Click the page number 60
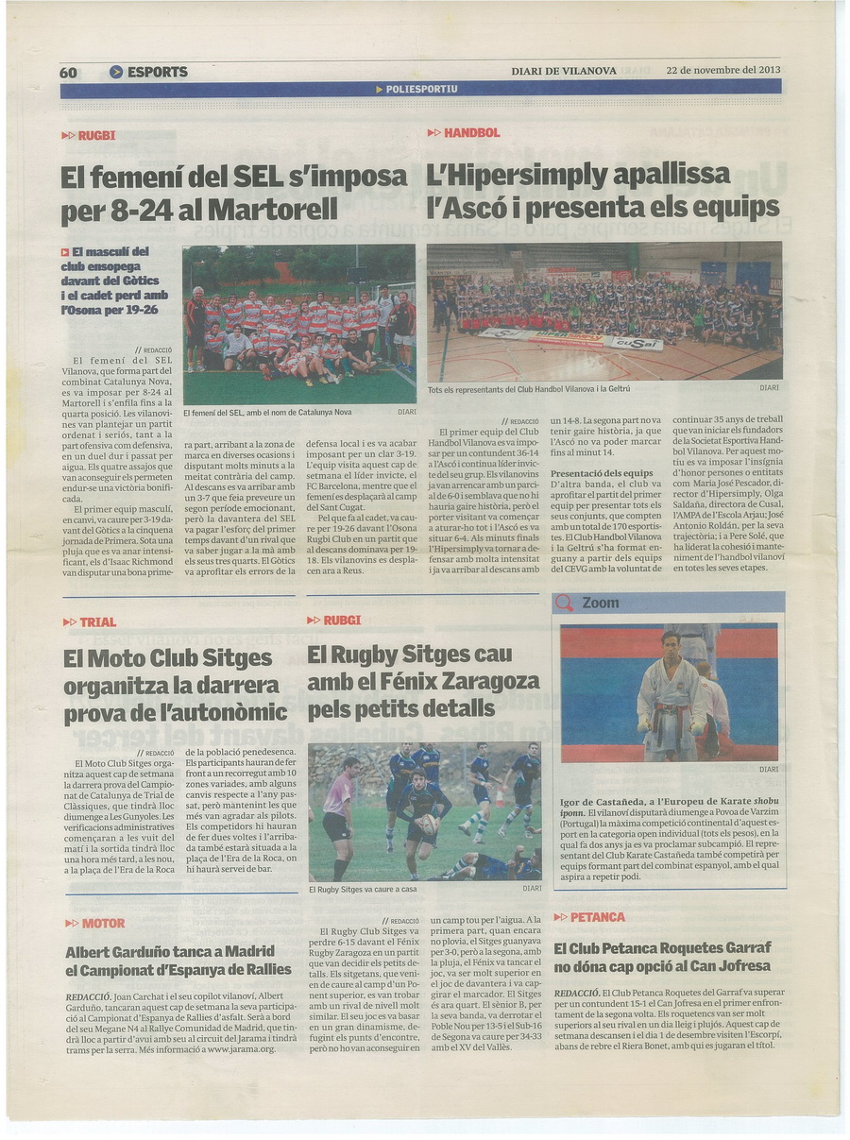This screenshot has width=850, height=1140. [x=68, y=72]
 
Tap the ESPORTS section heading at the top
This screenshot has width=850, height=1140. [x=157, y=72]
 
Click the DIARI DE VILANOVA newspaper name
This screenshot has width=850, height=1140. [x=564, y=71]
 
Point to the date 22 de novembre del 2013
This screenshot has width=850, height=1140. [x=723, y=70]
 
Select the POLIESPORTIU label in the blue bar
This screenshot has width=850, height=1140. [x=421, y=89]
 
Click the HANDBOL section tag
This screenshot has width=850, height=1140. [x=471, y=133]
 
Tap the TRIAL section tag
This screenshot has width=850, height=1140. [x=98, y=621]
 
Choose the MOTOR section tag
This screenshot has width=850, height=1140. [x=103, y=923]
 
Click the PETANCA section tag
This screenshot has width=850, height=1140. [x=597, y=917]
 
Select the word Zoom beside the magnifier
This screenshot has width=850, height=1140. [x=601, y=603]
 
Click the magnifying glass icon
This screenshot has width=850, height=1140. [x=565, y=603]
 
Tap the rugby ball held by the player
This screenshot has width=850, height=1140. [x=428, y=825]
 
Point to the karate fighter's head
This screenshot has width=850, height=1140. [x=670, y=644]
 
